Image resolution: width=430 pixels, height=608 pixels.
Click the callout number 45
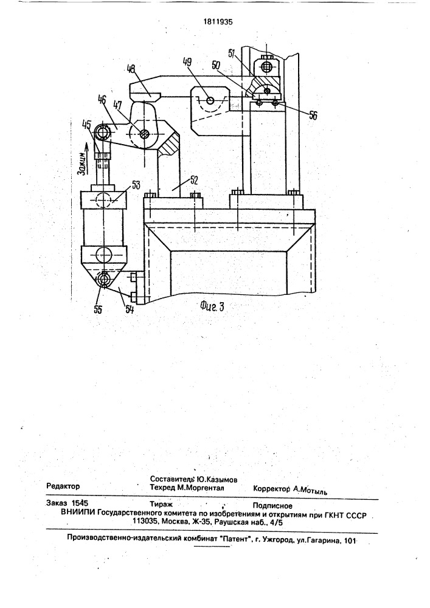point(86,126)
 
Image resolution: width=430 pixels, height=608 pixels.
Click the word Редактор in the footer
point(63,487)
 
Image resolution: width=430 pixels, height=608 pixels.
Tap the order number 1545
point(80,504)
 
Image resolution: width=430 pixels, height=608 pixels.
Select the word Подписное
point(272,505)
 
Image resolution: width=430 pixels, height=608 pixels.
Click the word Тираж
point(161,504)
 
